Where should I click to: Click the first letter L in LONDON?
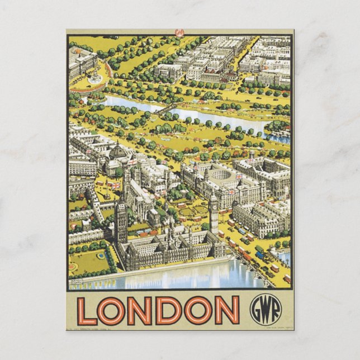point(87,310)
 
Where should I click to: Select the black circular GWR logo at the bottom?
point(266,310)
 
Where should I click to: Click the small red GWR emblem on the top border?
point(179,32)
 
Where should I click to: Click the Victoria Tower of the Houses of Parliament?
point(121,221)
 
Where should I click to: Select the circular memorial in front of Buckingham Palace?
point(96,78)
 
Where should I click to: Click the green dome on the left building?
point(117,151)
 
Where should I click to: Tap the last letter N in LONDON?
point(227,310)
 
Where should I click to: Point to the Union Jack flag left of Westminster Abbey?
point(115,185)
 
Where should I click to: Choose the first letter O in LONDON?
point(112,310)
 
